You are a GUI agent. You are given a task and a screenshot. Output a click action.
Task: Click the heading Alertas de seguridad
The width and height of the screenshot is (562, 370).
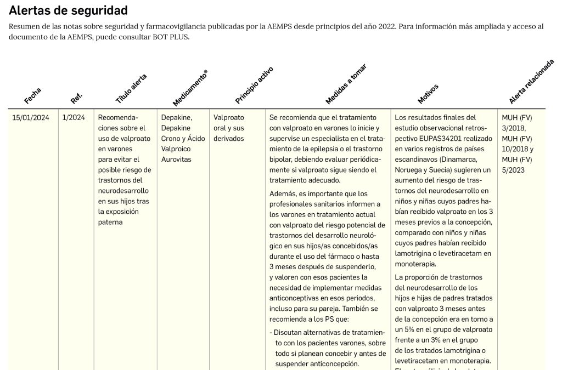pos(68,10)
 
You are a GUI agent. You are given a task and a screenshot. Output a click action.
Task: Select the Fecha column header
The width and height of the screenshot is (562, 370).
pos(33,96)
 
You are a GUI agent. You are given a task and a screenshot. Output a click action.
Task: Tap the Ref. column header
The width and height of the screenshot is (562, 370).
pos(76,99)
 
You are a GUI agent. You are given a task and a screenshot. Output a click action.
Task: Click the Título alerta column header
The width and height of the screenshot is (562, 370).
pos(131,89)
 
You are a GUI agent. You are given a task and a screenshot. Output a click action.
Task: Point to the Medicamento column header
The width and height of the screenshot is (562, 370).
pos(190,88)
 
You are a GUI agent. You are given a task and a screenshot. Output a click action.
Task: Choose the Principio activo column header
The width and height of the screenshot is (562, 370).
pos(254,85)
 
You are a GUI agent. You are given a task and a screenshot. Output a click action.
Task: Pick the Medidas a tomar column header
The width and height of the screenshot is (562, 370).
pos(346,84)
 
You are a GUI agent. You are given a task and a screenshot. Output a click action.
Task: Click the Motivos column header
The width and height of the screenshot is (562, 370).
pos(428,94)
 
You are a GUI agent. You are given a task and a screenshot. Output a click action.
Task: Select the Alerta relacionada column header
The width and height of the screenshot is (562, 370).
pos(531,82)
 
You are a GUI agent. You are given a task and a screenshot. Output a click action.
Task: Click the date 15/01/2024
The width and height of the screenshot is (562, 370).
pos(31,117)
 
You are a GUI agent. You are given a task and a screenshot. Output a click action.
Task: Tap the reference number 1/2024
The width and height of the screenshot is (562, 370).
pos(74,117)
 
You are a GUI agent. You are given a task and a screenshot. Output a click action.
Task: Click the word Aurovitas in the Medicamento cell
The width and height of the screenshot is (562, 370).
pos(177,159)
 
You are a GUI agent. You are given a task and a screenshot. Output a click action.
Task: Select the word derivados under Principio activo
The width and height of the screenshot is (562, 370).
pos(228,139)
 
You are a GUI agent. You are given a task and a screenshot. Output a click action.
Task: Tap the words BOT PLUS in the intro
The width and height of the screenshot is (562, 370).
pos(164,37)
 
